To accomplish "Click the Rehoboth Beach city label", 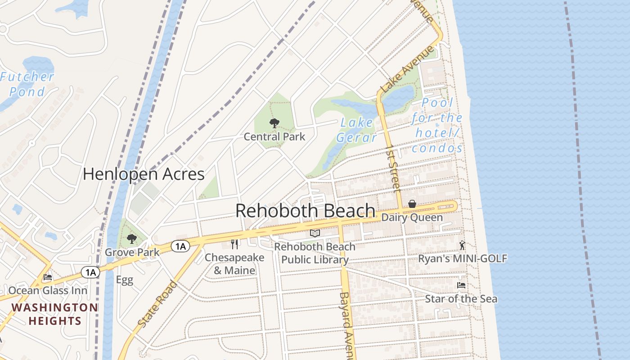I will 305,211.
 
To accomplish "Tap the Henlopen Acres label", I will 144,174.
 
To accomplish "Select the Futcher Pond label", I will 27,84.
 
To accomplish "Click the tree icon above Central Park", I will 274,123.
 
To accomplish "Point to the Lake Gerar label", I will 356,130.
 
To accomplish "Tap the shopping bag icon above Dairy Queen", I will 412,204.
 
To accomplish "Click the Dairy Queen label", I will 412,217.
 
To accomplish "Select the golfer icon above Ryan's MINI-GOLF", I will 462,246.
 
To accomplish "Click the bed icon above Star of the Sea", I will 461,285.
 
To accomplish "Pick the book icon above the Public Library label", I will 315,233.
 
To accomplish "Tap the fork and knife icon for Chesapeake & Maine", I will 234,244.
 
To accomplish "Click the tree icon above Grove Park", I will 131,238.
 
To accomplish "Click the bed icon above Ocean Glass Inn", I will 48,277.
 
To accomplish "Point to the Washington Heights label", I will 54,314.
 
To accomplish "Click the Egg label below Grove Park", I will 124,280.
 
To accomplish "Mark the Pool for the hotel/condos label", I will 437,126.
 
